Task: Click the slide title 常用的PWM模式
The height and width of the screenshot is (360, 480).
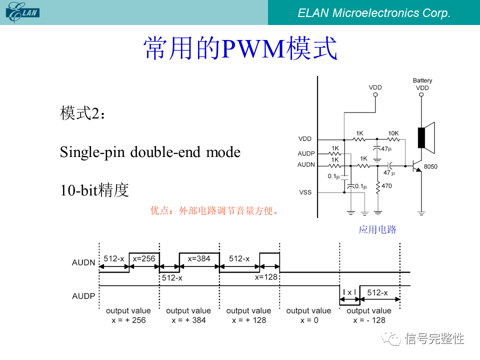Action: (240, 48)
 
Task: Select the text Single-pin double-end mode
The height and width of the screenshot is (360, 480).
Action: (150, 152)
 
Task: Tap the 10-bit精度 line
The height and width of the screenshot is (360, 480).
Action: (94, 190)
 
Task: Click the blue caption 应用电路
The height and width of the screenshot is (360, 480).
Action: (377, 229)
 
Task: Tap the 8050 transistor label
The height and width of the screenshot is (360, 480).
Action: (430, 166)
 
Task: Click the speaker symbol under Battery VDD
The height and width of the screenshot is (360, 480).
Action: (424, 138)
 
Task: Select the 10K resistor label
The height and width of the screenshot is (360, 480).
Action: (393, 133)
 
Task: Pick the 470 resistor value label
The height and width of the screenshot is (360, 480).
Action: (386, 186)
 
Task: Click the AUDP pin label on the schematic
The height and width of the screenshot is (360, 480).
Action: (306, 153)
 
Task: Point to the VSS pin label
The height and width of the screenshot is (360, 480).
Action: (305, 192)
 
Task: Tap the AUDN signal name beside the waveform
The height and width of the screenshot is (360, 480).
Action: (83, 262)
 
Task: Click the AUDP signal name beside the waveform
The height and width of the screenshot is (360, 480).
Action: (83, 296)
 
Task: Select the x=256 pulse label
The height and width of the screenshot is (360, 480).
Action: (144, 258)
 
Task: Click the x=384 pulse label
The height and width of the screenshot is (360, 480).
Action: (199, 258)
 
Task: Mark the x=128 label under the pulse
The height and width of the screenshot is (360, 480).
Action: (266, 277)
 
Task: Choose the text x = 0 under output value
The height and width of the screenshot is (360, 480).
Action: (308, 320)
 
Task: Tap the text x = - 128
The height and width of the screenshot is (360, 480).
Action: (369, 320)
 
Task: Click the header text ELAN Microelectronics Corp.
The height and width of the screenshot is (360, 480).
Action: (374, 13)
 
